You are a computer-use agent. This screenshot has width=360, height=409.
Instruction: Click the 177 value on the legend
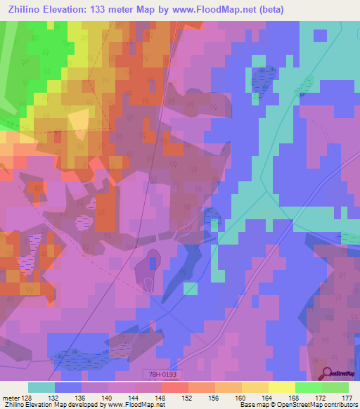click(346, 397)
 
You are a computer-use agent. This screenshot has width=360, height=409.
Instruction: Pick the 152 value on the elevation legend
click(188, 397)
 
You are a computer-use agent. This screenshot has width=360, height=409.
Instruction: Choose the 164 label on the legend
click(267, 397)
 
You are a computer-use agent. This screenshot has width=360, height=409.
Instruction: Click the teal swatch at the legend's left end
click(41, 387)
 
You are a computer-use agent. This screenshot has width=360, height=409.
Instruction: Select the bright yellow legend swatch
click(281, 387)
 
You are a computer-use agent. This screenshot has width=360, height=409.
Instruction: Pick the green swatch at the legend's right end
click(335, 387)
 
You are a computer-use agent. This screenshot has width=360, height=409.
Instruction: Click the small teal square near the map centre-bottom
click(190, 288)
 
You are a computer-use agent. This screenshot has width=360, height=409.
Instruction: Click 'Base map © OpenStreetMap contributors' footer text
click(297, 405)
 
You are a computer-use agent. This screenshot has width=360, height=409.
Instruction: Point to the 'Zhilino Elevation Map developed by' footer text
click(50, 405)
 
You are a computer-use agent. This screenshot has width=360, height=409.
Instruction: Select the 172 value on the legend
click(320, 397)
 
